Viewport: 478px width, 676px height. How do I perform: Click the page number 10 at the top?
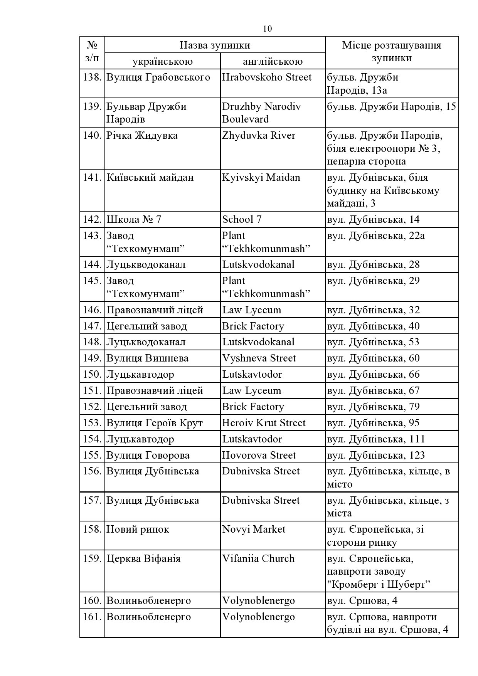click(267, 29)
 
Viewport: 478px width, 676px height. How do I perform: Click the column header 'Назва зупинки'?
click(215, 45)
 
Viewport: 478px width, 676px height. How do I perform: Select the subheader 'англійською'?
click(273, 61)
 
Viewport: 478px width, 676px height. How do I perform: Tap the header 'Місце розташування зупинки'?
click(392, 52)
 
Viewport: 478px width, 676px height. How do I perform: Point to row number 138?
click(92, 77)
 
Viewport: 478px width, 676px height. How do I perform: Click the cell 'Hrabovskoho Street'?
click(267, 77)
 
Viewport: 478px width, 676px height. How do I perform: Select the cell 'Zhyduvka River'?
click(259, 136)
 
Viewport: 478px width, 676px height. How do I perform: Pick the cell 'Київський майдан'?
click(150, 178)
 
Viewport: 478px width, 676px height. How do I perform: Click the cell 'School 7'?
click(242, 220)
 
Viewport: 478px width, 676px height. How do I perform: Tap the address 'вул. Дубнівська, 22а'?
click(376, 235)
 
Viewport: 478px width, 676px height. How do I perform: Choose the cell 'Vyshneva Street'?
click(259, 358)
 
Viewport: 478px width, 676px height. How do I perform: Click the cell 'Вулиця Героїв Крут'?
click(155, 423)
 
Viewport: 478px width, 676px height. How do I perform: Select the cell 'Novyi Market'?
click(254, 530)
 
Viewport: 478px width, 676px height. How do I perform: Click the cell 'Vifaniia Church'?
click(258, 559)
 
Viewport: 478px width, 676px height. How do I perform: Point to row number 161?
click(92, 617)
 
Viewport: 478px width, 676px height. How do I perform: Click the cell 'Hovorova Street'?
click(259, 456)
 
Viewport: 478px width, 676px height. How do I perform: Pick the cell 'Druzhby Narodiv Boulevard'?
click(261, 113)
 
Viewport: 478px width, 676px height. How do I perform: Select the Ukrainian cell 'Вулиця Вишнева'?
click(148, 358)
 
